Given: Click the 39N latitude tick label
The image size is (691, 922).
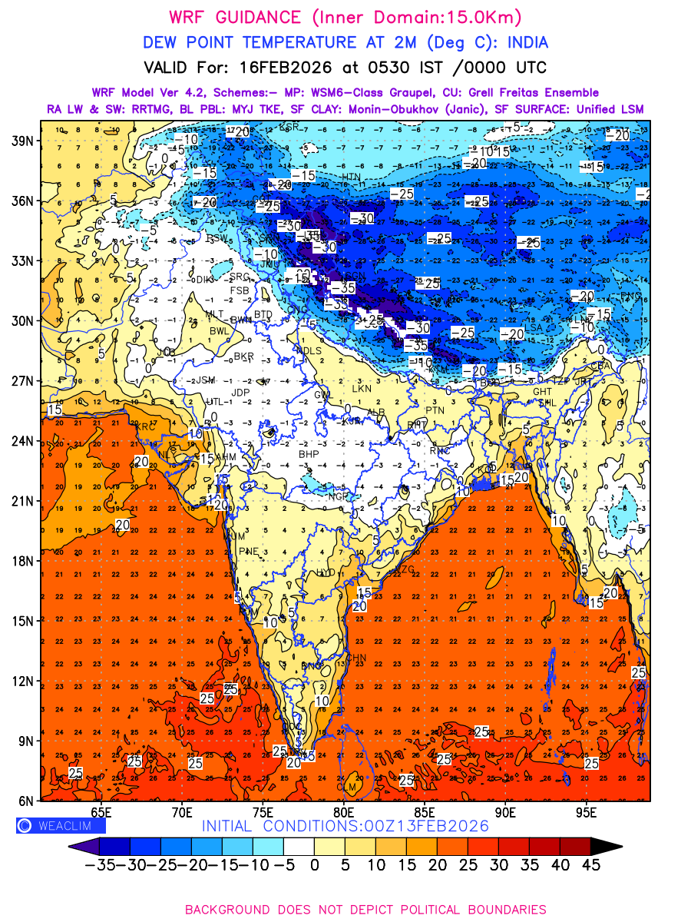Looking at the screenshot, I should click(21, 141).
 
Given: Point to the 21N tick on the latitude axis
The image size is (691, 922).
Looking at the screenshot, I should click(21, 501).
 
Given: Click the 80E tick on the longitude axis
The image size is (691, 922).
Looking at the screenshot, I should click(343, 811).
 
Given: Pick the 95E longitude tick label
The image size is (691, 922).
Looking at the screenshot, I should click(587, 811).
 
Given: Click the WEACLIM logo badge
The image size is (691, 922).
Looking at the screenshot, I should click(60, 826).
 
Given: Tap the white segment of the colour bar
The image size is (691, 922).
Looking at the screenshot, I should click(299, 846).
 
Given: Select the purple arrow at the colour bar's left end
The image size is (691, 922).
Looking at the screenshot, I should click(81, 846).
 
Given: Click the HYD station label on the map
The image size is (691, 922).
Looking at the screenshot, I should click(327, 572).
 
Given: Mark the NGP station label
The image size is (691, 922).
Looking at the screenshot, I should click(339, 496).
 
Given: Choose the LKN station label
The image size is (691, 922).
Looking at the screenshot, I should click(360, 390).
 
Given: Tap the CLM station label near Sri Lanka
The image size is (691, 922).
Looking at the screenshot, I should click(347, 787).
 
